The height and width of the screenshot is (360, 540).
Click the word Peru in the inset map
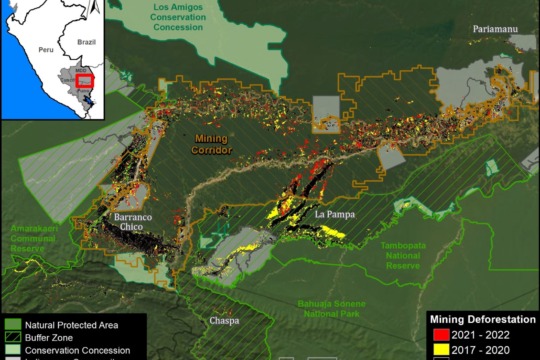coord(44,48)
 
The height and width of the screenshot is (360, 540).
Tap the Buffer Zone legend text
coord(53,337)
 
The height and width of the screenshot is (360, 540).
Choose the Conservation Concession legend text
coord(77,350)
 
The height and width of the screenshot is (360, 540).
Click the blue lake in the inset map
coord(87,99)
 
